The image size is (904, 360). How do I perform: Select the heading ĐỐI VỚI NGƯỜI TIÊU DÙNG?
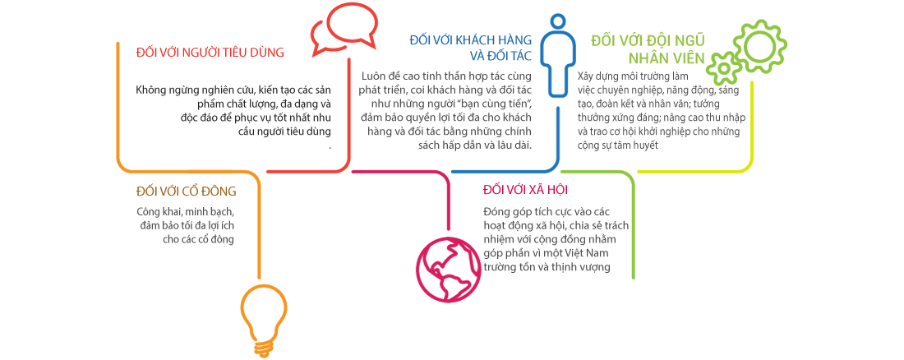210,53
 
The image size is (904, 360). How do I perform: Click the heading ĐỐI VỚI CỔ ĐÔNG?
186,192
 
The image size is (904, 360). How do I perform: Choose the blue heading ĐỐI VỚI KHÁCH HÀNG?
470,39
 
